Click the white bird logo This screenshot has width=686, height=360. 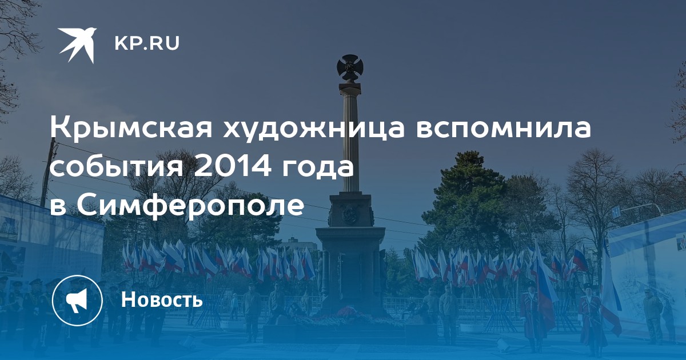(x=77, y=45)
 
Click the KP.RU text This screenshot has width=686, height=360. (x=147, y=43)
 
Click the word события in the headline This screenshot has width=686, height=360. (x=117, y=168)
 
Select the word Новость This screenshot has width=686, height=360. (x=162, y=299)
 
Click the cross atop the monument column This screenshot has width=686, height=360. (x=349, y=67)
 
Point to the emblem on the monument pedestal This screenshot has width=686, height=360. (x=350, y=212)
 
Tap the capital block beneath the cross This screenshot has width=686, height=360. (x=350, y=88)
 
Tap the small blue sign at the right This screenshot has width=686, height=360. (x=614, y=212)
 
